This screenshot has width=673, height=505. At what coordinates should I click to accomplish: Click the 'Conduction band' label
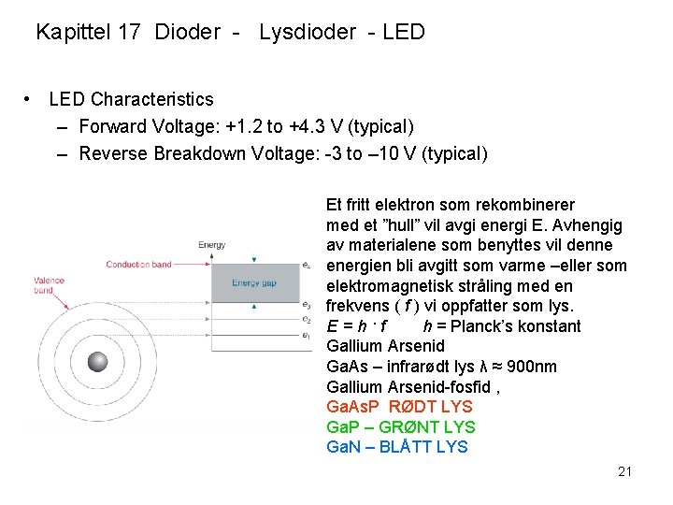(x=138, y=265)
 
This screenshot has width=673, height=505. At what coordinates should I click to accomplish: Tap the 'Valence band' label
(x=49, y=285)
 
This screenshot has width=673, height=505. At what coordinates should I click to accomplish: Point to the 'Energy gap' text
(x=253, y=282)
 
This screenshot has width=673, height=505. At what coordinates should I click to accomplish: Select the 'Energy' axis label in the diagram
(x=211, y=246)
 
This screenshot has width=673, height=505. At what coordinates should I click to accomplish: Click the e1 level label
(x=307, y=335)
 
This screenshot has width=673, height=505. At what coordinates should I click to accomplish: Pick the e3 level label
(x=307, y=305)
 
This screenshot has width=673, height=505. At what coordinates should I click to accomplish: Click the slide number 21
(x=624, y=471)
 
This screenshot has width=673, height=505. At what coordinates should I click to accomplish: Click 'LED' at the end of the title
(x=404, y=33)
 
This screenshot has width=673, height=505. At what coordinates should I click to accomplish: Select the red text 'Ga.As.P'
(x=353, y=407)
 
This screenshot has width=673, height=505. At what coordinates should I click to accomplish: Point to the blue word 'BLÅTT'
(x=407, y=447)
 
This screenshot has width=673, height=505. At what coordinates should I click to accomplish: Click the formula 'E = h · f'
(x=357, y=326)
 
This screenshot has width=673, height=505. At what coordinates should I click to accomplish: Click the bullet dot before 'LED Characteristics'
(x=31, y=99)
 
